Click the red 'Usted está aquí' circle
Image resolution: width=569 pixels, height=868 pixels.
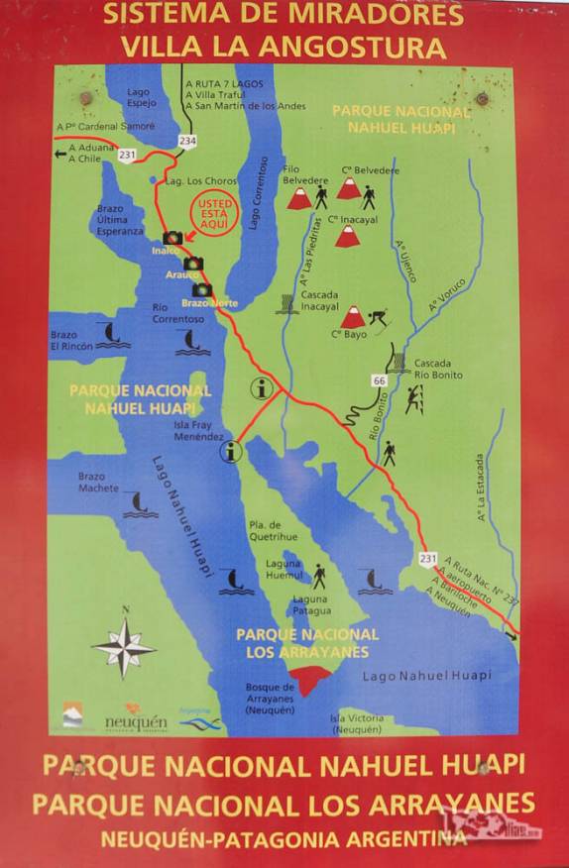[214, 213]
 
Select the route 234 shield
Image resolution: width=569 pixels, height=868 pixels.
[188, 142]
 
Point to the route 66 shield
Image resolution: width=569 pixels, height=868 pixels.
[379, 380]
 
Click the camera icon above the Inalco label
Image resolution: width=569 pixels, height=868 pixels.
[172, 238]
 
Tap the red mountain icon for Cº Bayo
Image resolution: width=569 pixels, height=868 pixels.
[351, 317]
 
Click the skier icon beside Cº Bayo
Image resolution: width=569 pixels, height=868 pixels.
[377, 318]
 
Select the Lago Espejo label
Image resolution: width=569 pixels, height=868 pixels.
[139, 96]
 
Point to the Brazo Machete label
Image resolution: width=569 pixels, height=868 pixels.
[99, 483]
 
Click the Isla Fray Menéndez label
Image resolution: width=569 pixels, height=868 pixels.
[198, 430]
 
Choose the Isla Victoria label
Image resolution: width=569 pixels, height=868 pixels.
[355, 723]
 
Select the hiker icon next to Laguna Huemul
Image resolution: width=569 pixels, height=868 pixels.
[320, 576]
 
